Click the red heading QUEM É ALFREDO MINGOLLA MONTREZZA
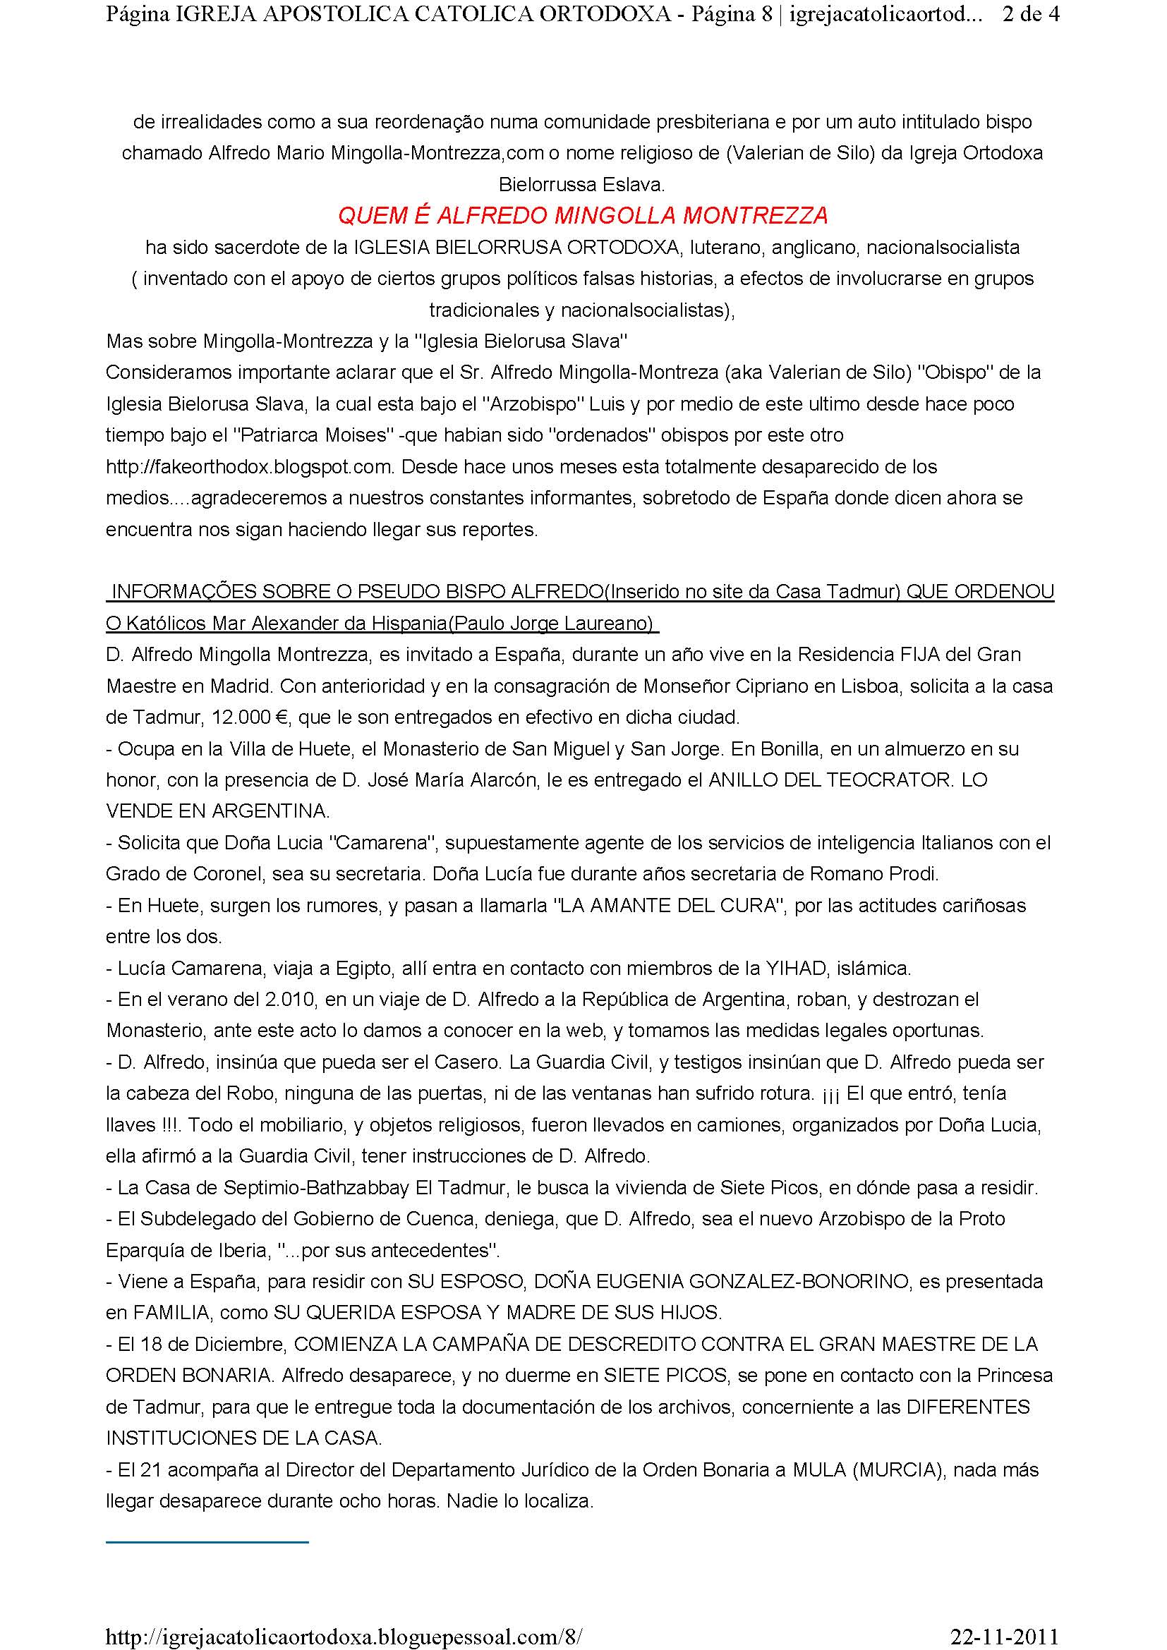pyautogui.click(x=583, y=215)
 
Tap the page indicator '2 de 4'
pyautogui.click(x=1029, y=15)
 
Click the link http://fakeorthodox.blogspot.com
pyautogui.click(x=250, y=467)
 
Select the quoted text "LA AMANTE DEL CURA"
pyautogui.click(x=667, y=906)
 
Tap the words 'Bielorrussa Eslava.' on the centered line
pyautogui.click(x=582, y=185)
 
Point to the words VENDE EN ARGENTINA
pyautogui.click(x=217, y=811)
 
